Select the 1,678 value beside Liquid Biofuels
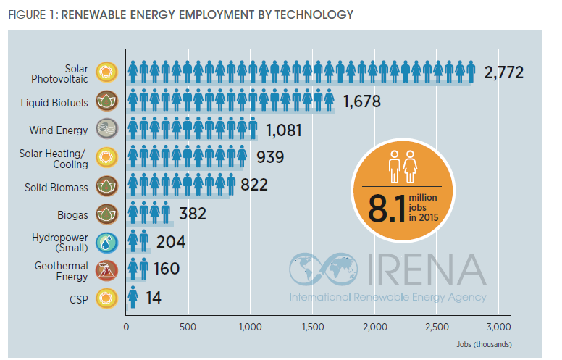[x=363, y=101]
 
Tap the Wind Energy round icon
[x=107, y=130]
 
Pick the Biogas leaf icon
[x=107, y=214]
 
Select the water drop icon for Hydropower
[x=107, y=242]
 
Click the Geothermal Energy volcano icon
[x=107, y=270]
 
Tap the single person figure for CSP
[x=133, y=297]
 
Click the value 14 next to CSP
[x=153, y=297]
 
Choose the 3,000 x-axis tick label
[x=499, y=327]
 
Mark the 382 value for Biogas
[x=192, y=214]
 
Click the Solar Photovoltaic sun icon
[x=107, y=72]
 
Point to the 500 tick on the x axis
[x=188, y=327]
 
